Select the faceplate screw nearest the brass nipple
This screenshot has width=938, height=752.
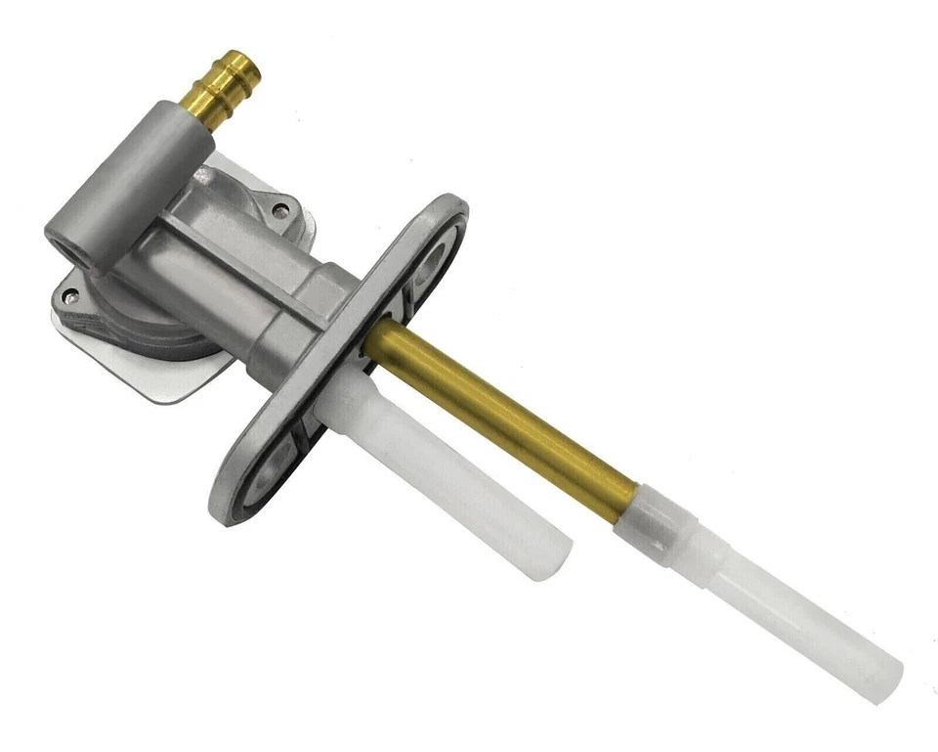[281, 210]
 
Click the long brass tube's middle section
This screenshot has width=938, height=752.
[498, 420]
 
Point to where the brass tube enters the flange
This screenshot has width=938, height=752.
[376, 342]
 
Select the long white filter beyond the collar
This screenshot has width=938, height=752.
[782, 611]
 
